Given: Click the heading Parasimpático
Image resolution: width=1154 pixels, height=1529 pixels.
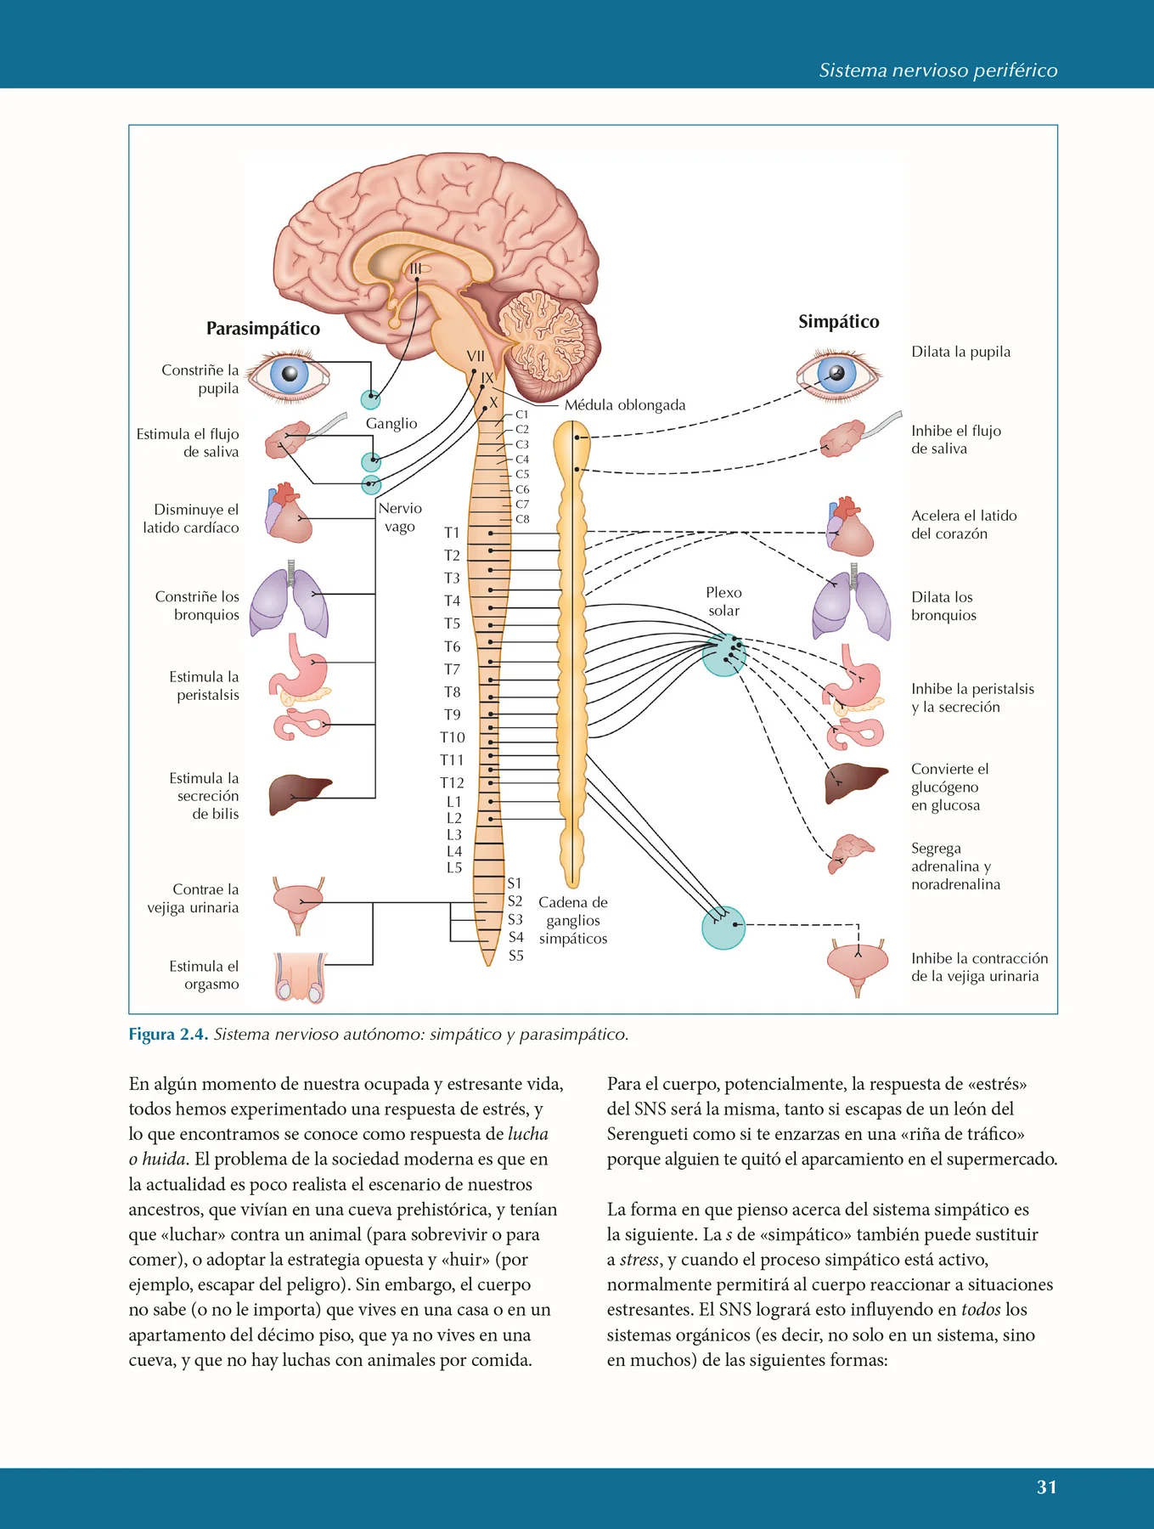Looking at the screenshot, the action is click(x=263, y=329).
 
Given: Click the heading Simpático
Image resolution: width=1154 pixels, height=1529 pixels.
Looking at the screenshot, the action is click(x=838, y=322).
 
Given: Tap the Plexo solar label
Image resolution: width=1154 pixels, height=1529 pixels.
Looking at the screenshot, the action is click(x=723, y=601).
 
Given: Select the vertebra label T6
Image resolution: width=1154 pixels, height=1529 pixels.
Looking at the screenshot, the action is click(x=452, y=646).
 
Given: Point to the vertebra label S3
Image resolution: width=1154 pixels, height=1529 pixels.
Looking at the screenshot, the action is click(x=515, y=919).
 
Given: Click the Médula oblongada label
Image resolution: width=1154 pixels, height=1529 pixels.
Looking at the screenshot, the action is click(x=625, y=405).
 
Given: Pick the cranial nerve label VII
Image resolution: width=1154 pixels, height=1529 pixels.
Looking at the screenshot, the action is click(x=476, y=357).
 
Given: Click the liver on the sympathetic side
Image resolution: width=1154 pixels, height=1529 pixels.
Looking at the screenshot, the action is click(x=856, y=781).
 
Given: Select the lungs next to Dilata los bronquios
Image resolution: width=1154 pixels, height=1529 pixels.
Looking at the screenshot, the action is click(x=852, y=601).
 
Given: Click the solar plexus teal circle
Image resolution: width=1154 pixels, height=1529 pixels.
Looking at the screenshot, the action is click(x=724, y=655).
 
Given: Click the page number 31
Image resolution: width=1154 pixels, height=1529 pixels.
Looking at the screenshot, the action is click(x=1046, y=1487).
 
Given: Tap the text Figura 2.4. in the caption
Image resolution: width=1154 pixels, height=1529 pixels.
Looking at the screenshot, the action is click(x=168, y=1035).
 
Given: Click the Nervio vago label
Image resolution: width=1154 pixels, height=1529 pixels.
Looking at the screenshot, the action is click(x=400, y=517).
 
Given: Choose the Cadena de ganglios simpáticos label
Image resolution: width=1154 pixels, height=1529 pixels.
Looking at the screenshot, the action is click(x=573, y=921).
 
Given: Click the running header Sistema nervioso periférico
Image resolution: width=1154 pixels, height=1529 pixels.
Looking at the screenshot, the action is click(x=938, y=71).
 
